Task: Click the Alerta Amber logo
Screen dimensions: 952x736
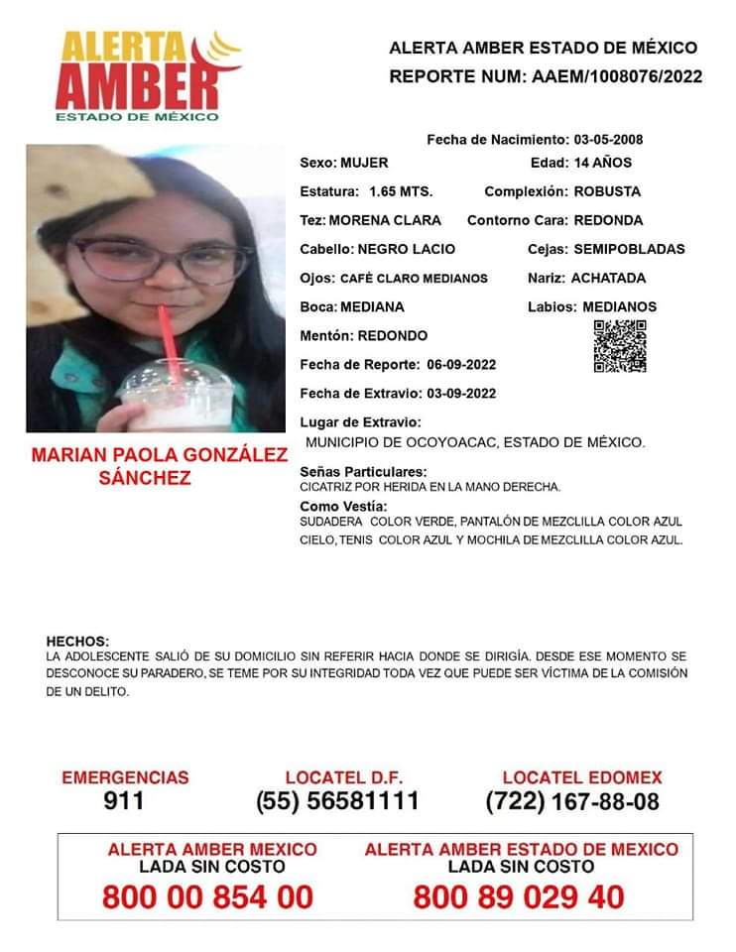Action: click(x=147, y=76)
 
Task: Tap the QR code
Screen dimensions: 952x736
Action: click(x=620, y=347)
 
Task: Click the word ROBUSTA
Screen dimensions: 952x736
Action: click(x=607, y=191)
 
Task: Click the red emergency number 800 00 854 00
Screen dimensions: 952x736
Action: click(x=207, y=897)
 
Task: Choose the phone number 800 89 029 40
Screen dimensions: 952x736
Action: click(x=519, y=897)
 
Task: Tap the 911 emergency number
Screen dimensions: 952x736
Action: click(x=124, y=801)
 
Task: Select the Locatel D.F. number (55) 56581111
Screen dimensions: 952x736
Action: click(x=337, y=801)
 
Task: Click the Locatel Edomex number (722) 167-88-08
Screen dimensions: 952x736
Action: click(x=572, y=801)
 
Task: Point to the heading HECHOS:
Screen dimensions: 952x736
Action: click(x=78, y=642)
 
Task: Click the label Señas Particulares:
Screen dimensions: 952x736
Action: click(x=363, y=471)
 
